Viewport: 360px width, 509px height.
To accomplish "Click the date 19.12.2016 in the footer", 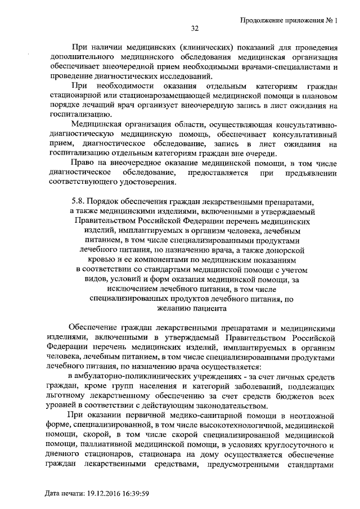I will (107, 494).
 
